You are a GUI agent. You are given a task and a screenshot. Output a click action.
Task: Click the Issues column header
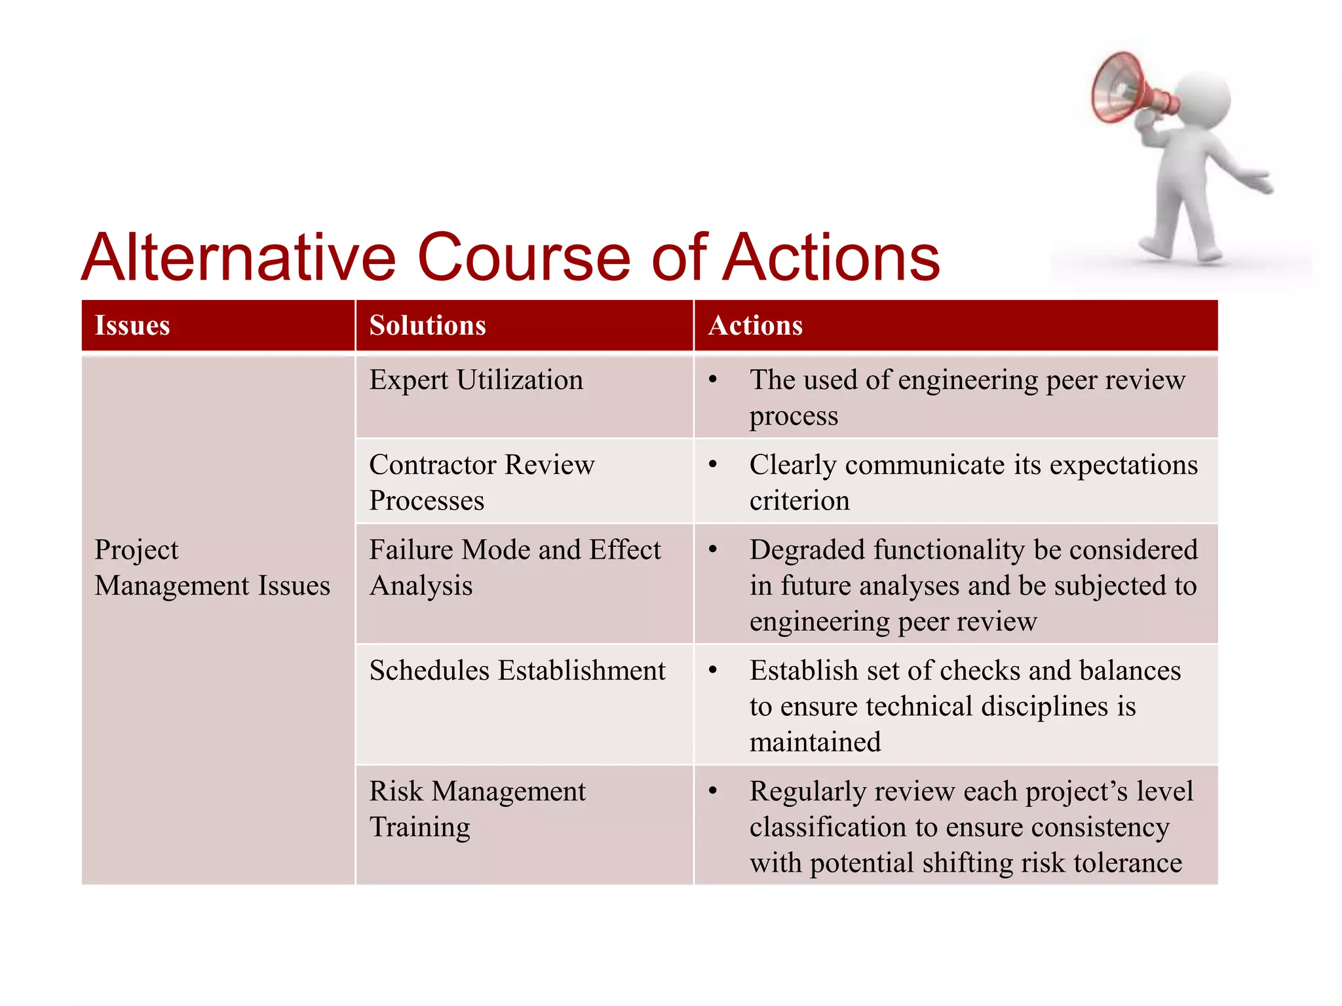pos(132,326)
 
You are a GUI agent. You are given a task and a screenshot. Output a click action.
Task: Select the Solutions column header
pos(427,326)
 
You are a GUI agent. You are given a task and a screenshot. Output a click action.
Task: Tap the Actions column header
pos(755,326)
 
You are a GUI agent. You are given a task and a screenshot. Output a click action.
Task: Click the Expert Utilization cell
pos(476,381)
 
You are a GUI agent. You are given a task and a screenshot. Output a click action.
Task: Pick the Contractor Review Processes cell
pos(482,482)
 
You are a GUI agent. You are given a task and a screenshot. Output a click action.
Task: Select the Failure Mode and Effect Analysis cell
pos(514,567)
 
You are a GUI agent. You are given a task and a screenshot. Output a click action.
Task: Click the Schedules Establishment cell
pos(517,671)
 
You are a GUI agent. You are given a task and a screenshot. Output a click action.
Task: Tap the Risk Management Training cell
pos(477,809)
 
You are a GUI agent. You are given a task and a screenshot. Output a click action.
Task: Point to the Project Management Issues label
pos(212,567)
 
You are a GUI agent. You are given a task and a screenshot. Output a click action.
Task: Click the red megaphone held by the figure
pos(1127,89)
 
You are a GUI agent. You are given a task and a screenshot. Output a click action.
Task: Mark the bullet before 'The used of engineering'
pos(713,380)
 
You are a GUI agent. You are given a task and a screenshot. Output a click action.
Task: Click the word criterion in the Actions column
pos(799,501)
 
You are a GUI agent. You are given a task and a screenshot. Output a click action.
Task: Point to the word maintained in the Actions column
pos(815,743)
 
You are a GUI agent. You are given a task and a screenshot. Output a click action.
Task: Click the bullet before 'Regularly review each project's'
pos(713,791)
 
